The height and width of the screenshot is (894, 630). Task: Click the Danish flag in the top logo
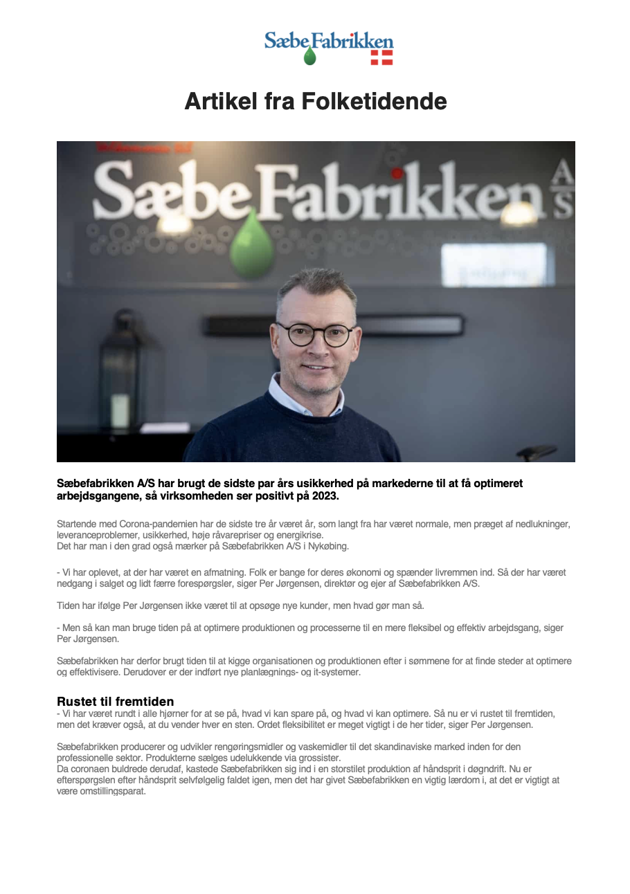click(381, 57)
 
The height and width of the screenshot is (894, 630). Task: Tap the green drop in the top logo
click(309, 57)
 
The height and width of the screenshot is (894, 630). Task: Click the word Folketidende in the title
click(375, 102)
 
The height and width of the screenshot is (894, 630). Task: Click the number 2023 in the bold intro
click(325, 497)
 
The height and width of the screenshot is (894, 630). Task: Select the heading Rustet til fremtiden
click(115, 702)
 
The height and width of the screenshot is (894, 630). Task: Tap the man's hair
click(316, 284)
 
